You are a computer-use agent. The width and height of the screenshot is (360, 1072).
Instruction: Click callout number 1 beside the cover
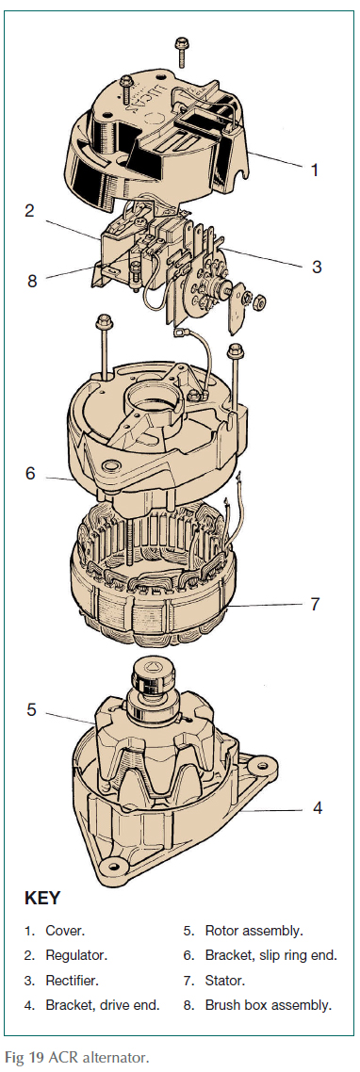coord(315,171)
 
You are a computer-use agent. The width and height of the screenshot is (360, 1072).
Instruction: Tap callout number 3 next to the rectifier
coord(317,267)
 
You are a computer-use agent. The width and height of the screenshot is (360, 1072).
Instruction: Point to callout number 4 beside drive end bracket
coord(317,807)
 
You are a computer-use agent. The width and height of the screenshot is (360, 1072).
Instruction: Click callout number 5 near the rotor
coord(31,709)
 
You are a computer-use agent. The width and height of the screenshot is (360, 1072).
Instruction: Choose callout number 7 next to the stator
coord(317,604)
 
